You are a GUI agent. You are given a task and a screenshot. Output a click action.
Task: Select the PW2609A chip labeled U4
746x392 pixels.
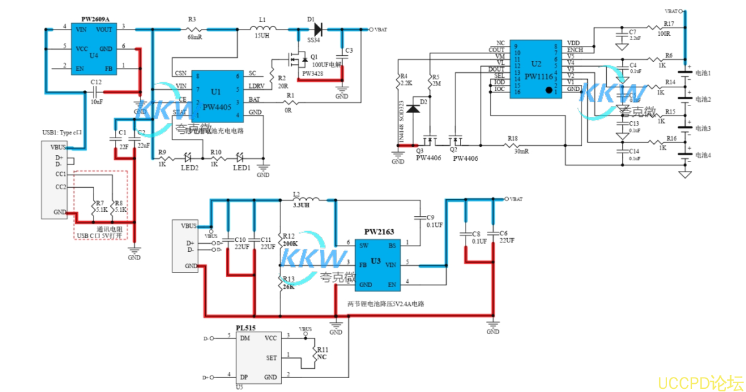coord(93,48)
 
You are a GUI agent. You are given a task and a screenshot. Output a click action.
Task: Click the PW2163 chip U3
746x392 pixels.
coord(376,264)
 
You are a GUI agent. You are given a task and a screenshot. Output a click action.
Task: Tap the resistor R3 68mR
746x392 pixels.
coord(194,29)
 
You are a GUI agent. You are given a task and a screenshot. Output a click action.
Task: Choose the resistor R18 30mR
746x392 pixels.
coord(513,145)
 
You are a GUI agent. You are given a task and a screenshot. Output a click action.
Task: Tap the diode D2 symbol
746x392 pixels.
coord(412,108)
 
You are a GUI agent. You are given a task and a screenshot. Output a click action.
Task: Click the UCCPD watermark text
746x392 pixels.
coord(699,382)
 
